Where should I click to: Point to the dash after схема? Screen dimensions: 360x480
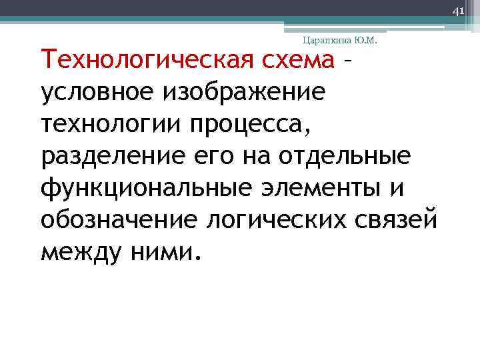point(346,63)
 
